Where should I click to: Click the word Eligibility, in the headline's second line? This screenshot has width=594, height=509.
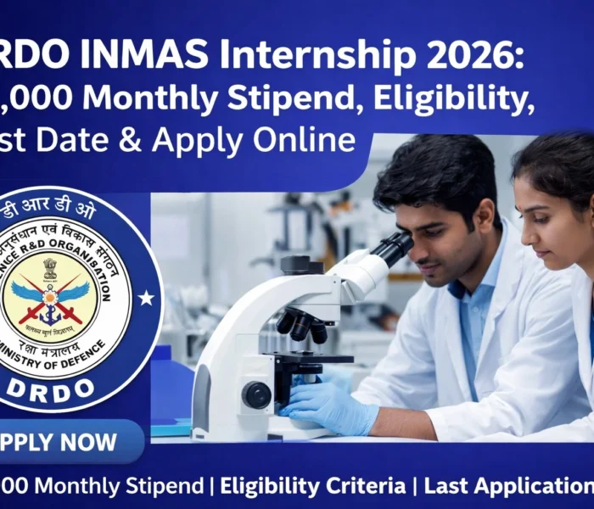pos(454,99)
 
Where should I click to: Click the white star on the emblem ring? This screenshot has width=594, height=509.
pos(146,298)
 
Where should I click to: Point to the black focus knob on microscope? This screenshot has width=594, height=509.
pos(255,394)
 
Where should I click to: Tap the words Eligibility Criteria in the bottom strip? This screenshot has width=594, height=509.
pos(313,486)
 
